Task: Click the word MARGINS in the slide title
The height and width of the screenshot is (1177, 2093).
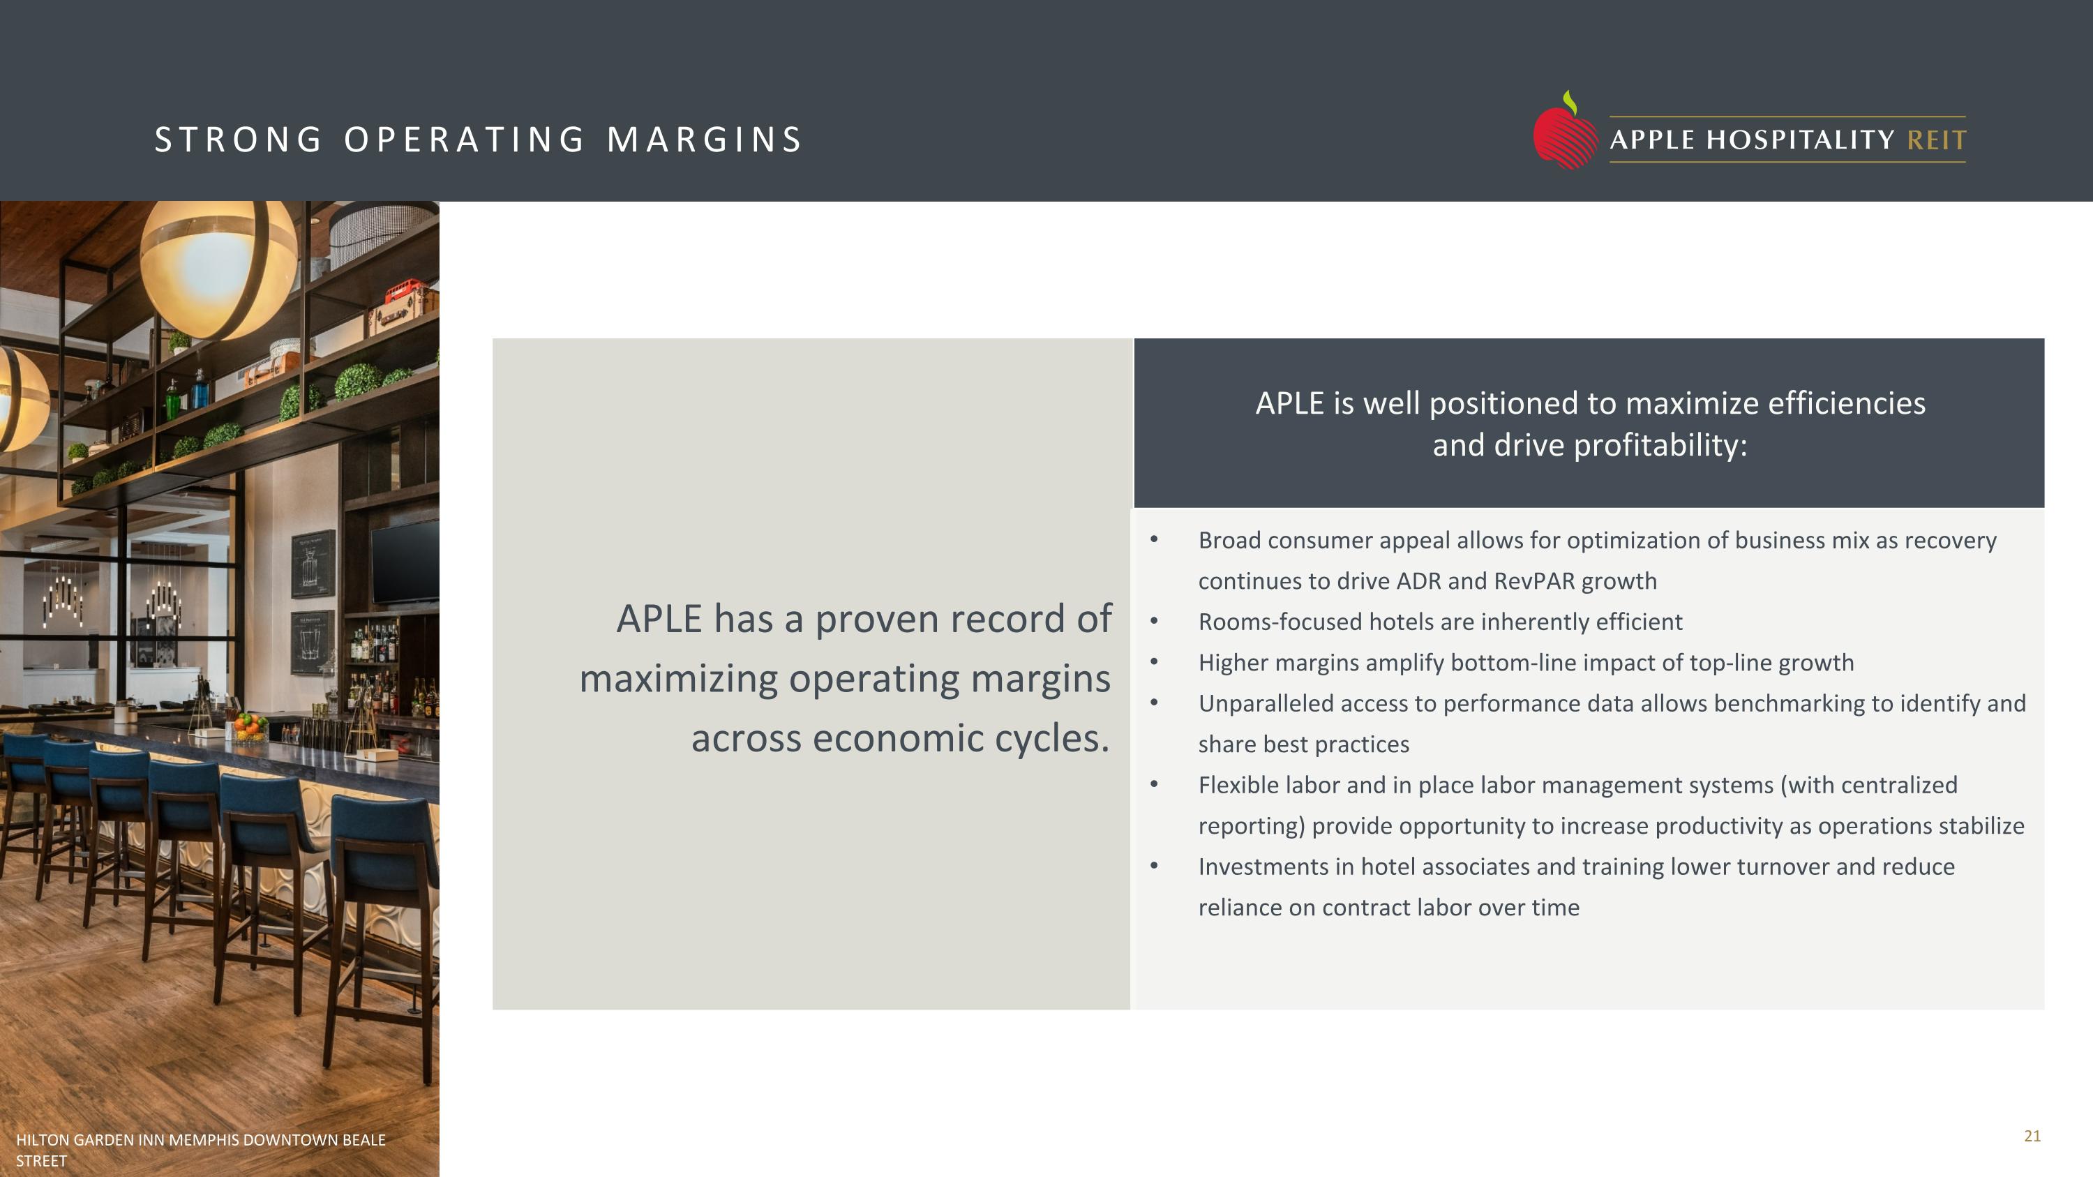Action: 705,140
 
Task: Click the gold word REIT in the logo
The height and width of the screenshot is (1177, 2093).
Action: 1937,140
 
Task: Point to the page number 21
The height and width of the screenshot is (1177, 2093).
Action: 2032,1136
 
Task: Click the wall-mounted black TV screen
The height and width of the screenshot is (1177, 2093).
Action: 404,560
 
